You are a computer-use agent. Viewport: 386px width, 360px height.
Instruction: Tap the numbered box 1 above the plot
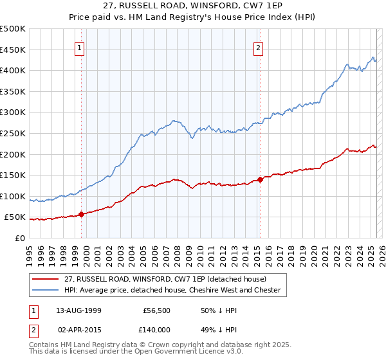pos(79,47)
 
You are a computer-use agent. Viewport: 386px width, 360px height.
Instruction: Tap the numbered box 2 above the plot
pos(258,47)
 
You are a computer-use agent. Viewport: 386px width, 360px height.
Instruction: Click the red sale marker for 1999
pos(82,214)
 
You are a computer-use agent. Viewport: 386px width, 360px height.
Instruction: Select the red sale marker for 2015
pos(260,179)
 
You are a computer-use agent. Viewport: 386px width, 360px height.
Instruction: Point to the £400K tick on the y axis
pos(15,70)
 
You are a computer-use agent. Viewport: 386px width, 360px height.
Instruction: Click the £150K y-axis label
pos(15,175)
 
